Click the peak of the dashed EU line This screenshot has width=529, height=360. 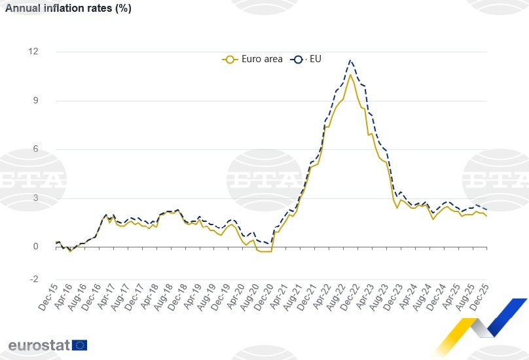(351, 60)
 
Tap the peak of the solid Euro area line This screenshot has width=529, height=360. (350, 75)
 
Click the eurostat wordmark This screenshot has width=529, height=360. (39, 345)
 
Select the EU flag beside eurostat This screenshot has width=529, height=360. (80, 345)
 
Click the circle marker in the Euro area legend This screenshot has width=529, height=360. (229, 59)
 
